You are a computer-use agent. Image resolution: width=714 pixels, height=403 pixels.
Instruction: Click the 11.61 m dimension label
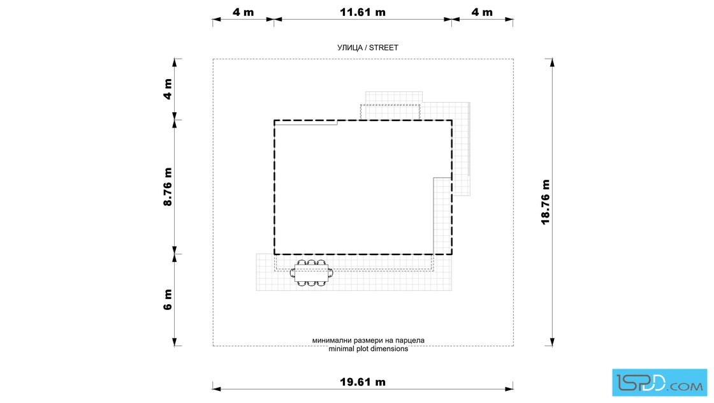pyautogui.click(x=363, y=12)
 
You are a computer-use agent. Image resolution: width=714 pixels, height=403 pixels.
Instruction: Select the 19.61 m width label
pyautogui.click(x=363, y=382)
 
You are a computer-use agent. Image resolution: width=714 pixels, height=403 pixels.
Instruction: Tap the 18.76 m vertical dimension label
pyautogui.click(x=546, y=201)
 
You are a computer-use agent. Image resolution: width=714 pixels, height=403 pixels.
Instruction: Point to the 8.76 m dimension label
pyautogui.click(x=168, y=187)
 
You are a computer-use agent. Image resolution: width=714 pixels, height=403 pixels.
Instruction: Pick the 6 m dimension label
pyautogui.click(x=168, y=300)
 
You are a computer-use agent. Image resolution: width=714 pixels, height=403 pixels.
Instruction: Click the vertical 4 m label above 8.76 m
pyautogui.click(x=168, y=89)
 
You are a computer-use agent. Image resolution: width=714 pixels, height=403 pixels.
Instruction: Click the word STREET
pyautogui.click(x=383, y=48)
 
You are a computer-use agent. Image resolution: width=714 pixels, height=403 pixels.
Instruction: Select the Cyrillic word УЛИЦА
pyautogui.click(x=350, y=48)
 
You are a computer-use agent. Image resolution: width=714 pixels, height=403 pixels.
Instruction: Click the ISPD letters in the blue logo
pyautogui.click(x=641, y=383)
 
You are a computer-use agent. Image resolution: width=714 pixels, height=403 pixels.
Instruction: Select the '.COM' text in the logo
pyautogui.click(x=685, y=386)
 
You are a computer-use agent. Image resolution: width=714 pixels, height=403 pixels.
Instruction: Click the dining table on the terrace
pyautogui.click(x=312, y=273)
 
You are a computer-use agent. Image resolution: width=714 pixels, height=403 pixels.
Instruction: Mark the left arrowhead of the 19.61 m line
pyautogui.click(x=217, y=389)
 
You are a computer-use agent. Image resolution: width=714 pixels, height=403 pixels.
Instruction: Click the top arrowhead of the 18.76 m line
pyautogui.click(x=552, y=63)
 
